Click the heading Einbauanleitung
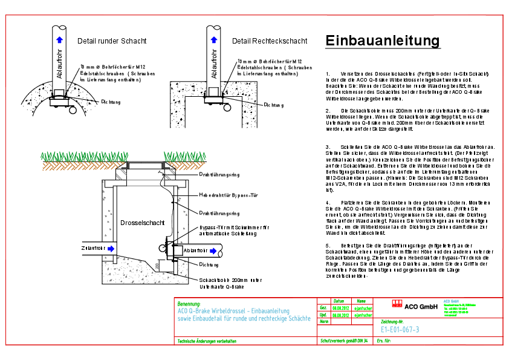click(382, 41)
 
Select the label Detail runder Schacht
click(112, 41)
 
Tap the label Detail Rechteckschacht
click(269, 41)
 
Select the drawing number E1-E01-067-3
click(400, 329)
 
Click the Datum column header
click(339, 301)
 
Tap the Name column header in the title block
click(361, 301)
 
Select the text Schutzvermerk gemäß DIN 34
click(343, 342)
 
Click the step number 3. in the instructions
click(328, 146)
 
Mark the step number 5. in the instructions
click(328, 245)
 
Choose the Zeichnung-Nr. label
click(392, 322)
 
